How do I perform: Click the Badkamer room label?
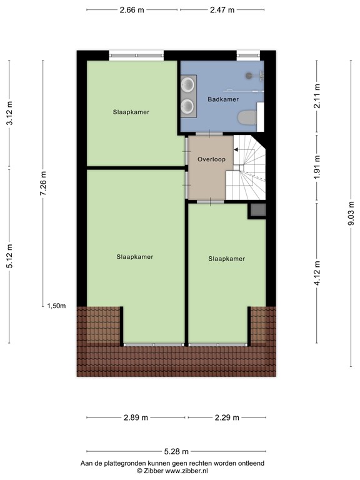(x=223, y=99)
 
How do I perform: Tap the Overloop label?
(x=211, y=159)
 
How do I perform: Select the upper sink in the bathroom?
(x=187, y=84)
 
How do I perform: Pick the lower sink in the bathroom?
(x=187, y=106)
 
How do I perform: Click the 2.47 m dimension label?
(x=222, y=10)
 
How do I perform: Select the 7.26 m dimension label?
(x=43, y=184)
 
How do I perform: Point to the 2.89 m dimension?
(x=136, y=417)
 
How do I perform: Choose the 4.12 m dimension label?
(x=317, y=273)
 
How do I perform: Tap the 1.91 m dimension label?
(x=317, y=167)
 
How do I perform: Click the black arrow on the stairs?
(x=236, y=149)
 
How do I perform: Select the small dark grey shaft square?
(x=257, y=211)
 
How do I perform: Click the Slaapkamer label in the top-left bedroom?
(x=131, y=112)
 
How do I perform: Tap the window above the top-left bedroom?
(x=137, y=56)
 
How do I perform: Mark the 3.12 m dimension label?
(x=9, y=113)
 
